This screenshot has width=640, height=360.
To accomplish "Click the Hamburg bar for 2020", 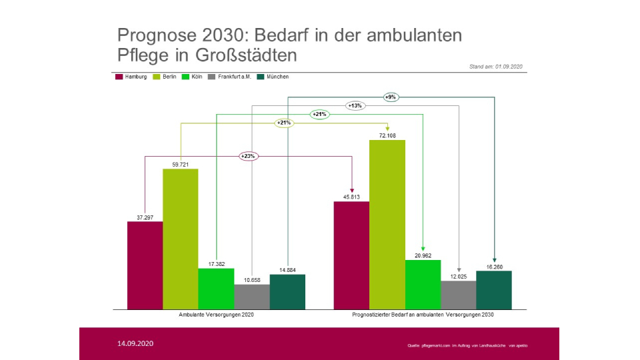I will pyautogui.click(x=145, y=265).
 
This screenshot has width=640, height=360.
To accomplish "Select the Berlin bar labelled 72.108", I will pyautogui.click(x=387, y=225).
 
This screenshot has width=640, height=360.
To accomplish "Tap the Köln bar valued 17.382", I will pyautogui.click(x=216, y=289).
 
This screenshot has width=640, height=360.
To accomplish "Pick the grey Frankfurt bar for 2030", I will pyautogui.click(x=459, y=295).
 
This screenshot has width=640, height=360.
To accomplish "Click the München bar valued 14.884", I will pyautogui.click(x=287, y=291).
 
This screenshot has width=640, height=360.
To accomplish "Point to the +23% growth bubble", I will pyautogui.click(x=248, y=156).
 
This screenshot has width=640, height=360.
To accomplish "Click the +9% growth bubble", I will pyautogui.click(x=391, y=97).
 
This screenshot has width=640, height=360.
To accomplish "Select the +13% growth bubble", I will pyautogui.click(x=355, y=105).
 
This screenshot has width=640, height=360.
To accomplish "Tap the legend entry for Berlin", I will pyautogui.click(x=165, y=77).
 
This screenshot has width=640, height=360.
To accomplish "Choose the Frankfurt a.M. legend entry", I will pyautogui.click(x=229, y=77).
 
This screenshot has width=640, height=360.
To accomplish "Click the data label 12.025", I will pyautogui.click(x=459, y=276).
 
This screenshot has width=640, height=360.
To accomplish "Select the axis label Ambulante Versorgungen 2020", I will pyautogui.click(x=217, y=314).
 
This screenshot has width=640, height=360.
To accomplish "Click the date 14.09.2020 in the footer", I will pyautogui.click(x=135, y=343).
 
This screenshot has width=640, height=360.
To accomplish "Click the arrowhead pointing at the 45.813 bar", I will pyautogui.click(x=351, y=189).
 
